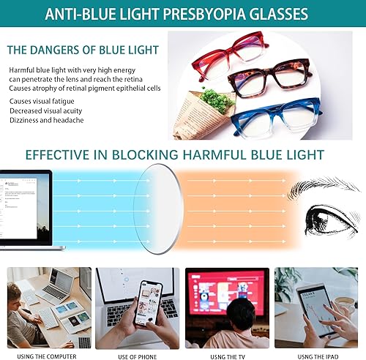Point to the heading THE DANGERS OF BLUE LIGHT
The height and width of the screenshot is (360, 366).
[83, 50]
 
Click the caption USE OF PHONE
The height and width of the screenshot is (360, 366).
[138, 356]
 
